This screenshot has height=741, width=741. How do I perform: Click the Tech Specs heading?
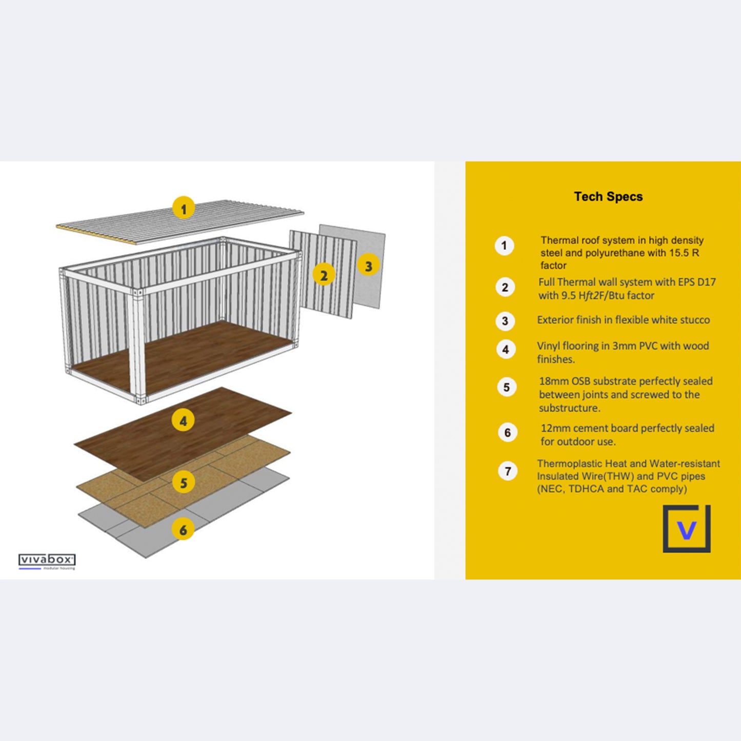tap(608, 196)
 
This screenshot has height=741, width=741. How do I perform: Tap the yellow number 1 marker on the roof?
tap(184, 208)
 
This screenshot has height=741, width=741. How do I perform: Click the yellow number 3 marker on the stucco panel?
tap(368, 265)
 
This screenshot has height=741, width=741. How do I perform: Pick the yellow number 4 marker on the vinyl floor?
tap(183, 420)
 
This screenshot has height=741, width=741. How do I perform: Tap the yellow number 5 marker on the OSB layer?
tap(184, 482)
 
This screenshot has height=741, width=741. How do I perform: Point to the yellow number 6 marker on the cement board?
tap(183, 529)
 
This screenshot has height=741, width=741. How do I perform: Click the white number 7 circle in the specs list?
tap(508, 471)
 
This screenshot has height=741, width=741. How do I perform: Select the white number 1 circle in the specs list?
tap(504, 246)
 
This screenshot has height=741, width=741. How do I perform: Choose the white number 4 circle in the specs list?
tap(506, 350)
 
